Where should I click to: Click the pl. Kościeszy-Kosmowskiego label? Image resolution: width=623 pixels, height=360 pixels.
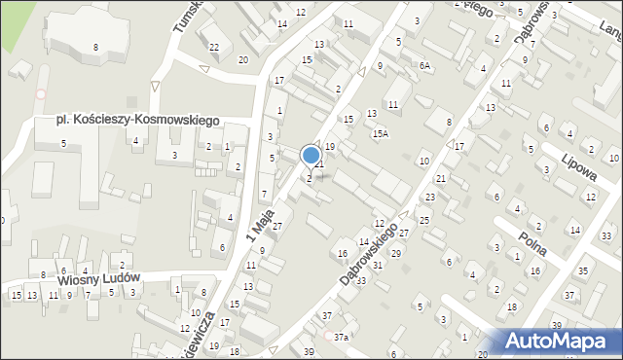138,120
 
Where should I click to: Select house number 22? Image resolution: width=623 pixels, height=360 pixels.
214,48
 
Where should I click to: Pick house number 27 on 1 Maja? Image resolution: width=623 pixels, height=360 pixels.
276,226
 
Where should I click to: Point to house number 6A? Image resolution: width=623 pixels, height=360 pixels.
424,65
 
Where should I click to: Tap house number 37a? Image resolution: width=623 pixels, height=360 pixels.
341,337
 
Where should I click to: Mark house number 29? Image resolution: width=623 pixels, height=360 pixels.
395,253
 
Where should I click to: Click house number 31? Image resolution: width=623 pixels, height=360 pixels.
378,265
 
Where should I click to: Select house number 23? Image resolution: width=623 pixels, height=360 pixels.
429,198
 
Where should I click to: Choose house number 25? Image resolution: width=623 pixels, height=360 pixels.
424,220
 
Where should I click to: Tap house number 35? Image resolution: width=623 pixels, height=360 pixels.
583,270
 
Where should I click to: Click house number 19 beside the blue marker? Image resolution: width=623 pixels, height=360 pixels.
330,146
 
